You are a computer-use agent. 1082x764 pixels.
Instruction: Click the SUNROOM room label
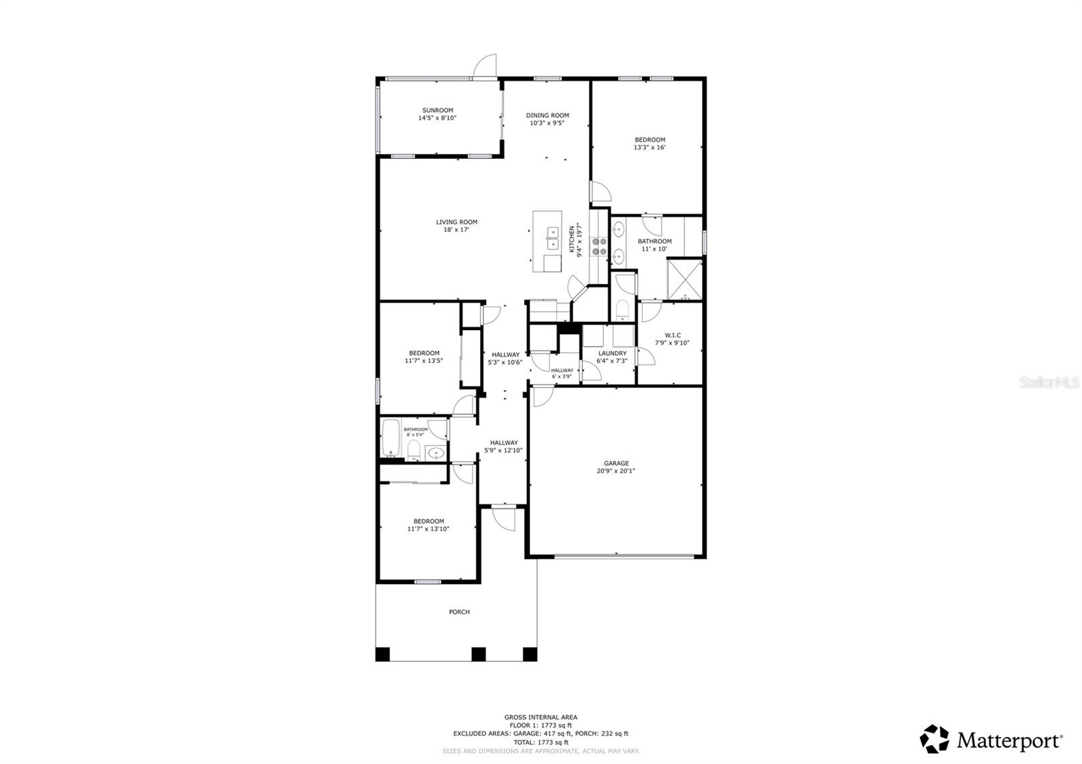(x=438, y=114)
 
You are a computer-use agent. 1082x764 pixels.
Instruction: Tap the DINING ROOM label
(x=548, y=119)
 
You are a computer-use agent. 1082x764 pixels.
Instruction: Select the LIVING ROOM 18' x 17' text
(x=456, y=226)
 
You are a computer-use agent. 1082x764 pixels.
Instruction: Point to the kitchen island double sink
(x=552, y=239)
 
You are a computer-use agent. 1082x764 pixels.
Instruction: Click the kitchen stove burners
(x=598, y=246)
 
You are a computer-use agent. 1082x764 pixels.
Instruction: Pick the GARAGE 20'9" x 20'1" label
(x=616, y=467)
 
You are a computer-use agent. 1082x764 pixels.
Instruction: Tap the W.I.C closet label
(x=672, y=339)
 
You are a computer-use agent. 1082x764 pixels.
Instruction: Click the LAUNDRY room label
(x=612, y=357)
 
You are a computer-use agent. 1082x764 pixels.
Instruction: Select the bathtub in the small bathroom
(x=391, y=438)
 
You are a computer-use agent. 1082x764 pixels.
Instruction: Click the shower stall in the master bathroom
(x=684, y=278)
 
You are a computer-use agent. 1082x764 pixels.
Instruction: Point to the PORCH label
(x=459, y=612)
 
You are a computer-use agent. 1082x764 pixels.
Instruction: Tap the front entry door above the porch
(x=503, y=517)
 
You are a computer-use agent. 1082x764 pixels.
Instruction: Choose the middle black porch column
(x=479, y=654)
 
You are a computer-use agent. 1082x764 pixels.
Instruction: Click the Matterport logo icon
(x=935, y=739)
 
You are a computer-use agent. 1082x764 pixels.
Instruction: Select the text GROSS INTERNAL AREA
(x=540, y=717)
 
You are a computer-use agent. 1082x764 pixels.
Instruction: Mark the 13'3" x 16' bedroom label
(x=649, y=143)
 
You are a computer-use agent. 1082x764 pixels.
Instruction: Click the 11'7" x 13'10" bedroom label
(x=428, y=525)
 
